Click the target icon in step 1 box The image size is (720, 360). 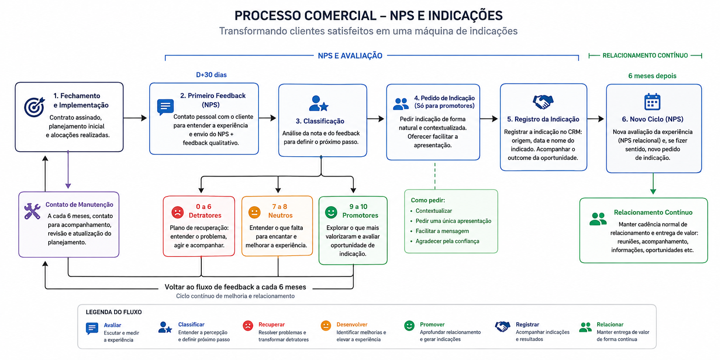tap(34, 107)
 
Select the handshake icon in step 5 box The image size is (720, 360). tap(543, 102)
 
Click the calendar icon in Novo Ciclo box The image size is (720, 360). tap(652, 101)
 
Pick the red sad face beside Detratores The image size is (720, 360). tap(177, 212)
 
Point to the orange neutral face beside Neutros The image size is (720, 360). tap(254, 212)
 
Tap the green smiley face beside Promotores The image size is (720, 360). tap(331, 212)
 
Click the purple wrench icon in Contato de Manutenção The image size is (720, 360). tap(32, 211)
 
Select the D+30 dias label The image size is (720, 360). tap(211, 75)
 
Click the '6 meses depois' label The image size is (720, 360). tap(652, 76)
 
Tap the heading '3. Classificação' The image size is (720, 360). tap(320, 121)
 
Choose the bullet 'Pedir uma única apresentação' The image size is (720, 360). tap(453, 221)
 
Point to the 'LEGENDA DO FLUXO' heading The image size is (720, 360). tap(114, 312)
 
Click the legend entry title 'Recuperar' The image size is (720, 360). tap(272, 324)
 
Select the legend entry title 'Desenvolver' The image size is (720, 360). tap(352, 324)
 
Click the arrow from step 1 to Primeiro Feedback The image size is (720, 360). tap(135, 118)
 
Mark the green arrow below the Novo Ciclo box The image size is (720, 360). tap(653, 183)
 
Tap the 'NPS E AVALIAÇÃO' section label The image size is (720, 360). tap(350, 56)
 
